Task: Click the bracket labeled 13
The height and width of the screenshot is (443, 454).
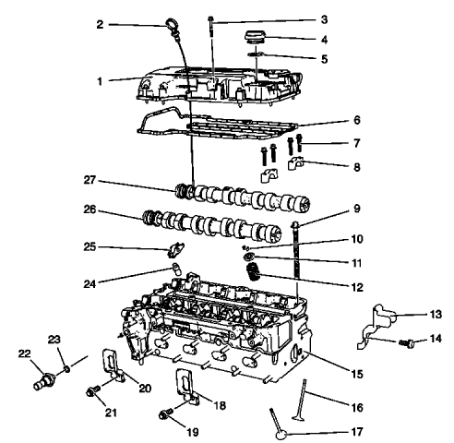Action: point(378,323)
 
